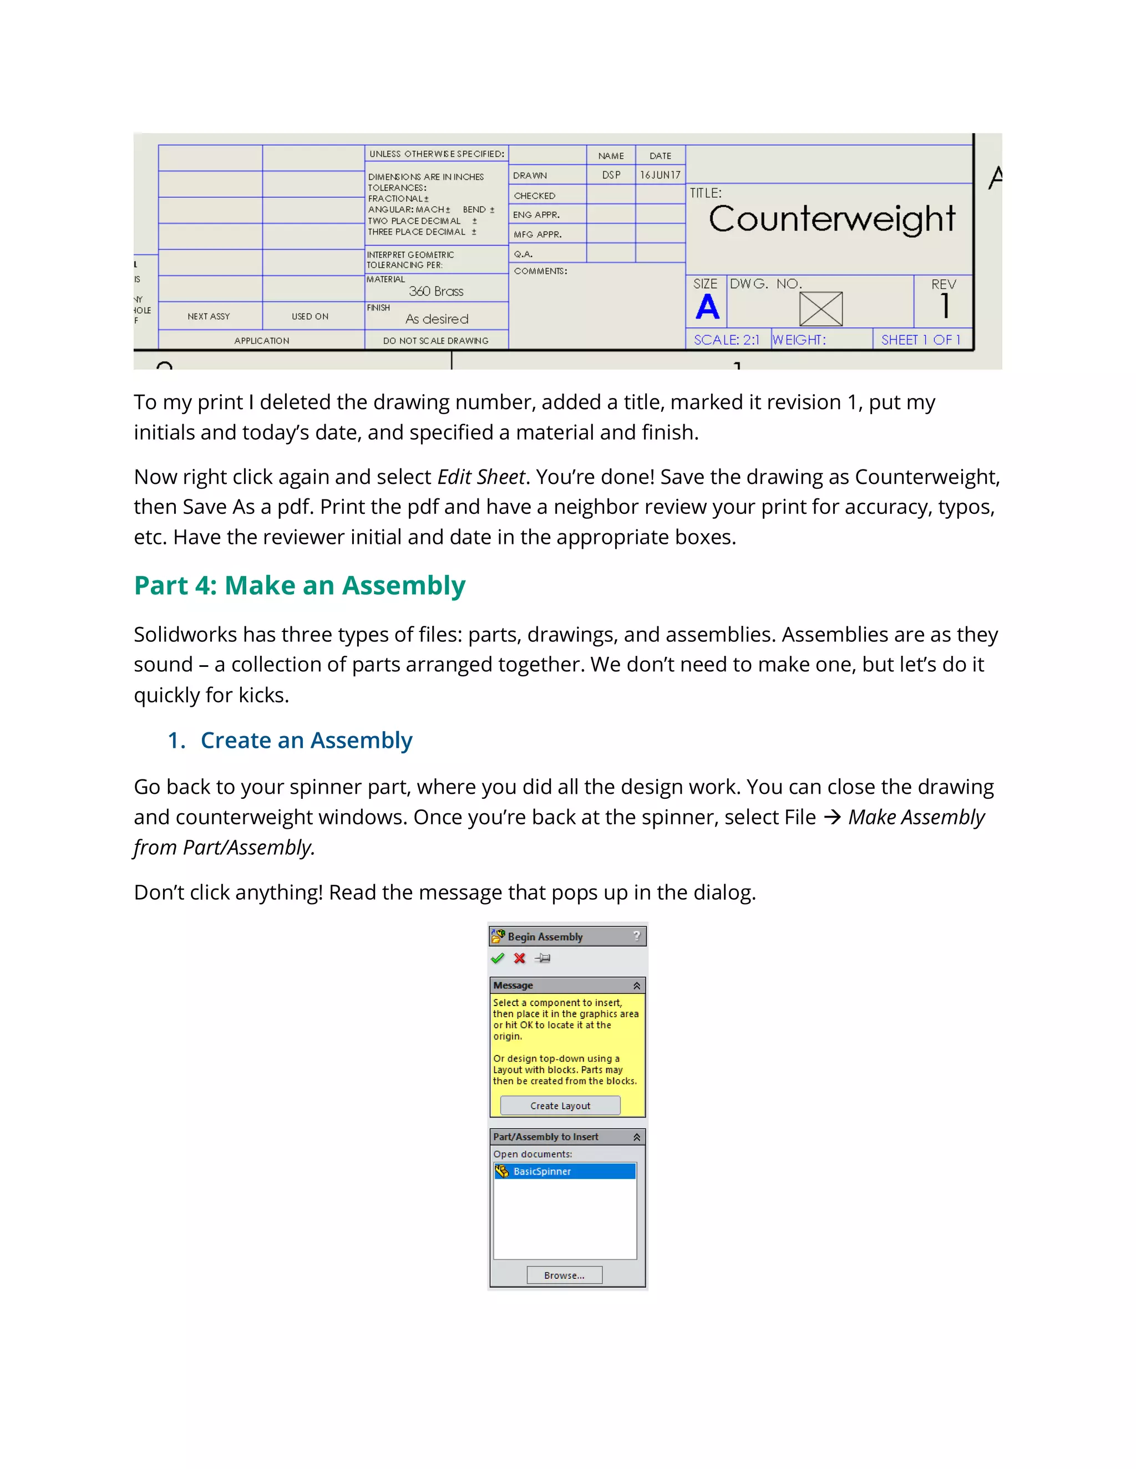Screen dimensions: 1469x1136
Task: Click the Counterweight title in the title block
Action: (x=832, y=220)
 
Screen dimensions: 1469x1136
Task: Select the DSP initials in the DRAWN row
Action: (x=611, y=175)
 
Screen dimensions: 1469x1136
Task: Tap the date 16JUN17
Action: (x=660, y=175)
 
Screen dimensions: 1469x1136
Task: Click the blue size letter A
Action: (x=707, y=308)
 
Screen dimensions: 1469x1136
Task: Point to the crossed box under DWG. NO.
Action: (x=820, y=309)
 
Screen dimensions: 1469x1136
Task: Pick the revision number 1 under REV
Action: (x=945, y=306)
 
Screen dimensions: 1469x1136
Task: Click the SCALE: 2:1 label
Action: (x=726, y=340)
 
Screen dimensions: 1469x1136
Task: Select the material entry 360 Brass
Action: (x=436, y=291)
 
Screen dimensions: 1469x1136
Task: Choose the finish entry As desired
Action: (x=437, y=319)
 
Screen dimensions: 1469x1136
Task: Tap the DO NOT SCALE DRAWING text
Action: (x=435, y=341)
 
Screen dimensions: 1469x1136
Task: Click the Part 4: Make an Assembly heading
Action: (x=300, y=586)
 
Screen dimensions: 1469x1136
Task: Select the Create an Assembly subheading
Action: (x=306, y=741)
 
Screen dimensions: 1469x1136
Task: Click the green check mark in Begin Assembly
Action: (x=498, y=958)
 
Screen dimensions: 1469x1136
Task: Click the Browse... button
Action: (x=564, y=1276)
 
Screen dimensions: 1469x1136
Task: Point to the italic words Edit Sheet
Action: (x=480, y=477)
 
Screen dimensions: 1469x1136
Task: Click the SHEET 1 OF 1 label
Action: (x=920, y=340)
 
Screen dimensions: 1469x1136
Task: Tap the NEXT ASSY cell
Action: (x=209, y=316)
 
